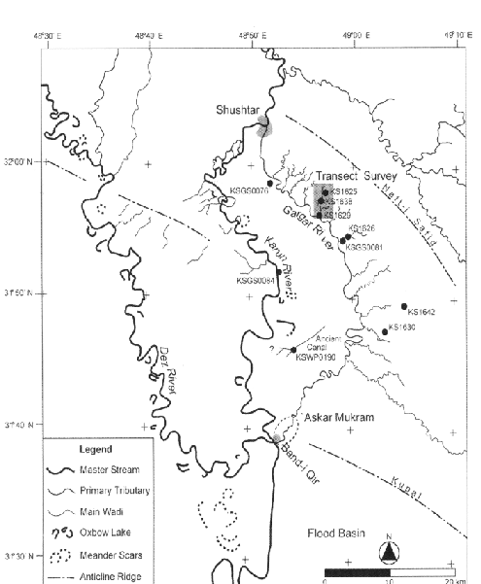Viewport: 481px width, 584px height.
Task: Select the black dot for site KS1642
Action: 402,306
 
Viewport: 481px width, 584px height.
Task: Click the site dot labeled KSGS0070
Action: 269,183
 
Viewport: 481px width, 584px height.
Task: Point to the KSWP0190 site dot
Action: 293,350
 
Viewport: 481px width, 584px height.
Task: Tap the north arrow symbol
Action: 388,551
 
